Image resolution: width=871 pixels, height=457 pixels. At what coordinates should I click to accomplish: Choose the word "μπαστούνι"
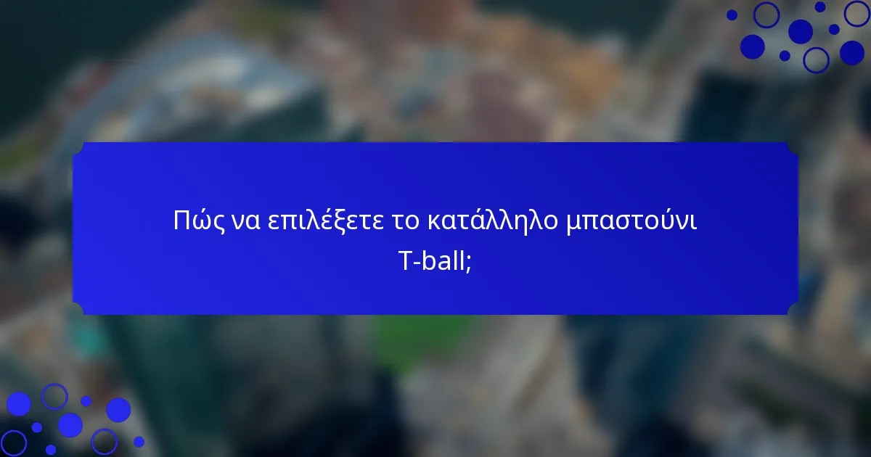[x=631, y=220]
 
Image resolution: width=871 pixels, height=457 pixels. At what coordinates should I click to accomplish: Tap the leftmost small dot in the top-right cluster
[x=732, y=15]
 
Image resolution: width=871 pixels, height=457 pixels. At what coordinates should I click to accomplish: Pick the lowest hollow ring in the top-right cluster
[x=817, y=59]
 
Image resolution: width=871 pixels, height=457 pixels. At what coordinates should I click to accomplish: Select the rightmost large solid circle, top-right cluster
[x=852, y=52]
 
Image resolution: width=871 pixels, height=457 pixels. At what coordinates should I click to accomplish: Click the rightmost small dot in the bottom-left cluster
[x=139, y=441]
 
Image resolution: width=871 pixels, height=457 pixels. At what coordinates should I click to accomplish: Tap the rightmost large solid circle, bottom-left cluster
[x=118, y=410]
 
